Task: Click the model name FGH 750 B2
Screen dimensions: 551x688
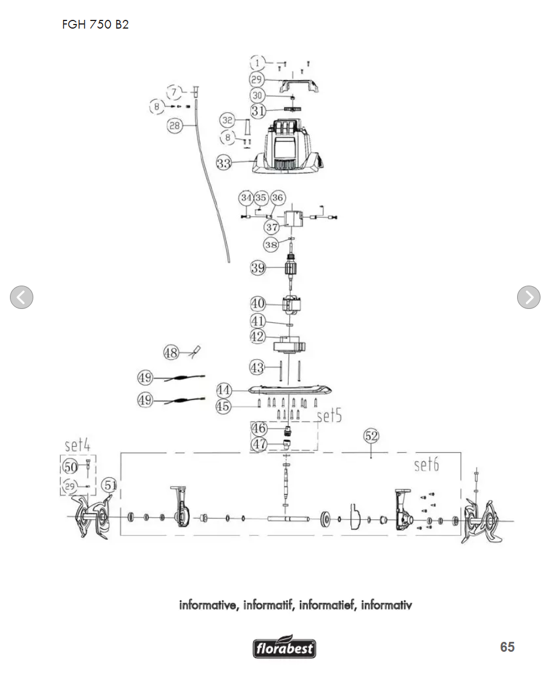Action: [95, 24]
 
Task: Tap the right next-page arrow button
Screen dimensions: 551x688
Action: [529, 297]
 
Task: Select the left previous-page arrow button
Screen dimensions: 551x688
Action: [22, 297]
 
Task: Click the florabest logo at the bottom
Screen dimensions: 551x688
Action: [284, 647]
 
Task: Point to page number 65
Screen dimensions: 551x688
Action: [507, 647]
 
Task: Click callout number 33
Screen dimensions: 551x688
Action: [224, 163]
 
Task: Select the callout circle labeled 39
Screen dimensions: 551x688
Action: [258, 267]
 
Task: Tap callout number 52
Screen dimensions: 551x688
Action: [372, 436]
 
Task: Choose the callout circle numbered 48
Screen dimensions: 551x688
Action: [171, 352]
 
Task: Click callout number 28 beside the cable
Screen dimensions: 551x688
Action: [175, 126]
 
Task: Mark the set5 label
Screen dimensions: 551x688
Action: [329, 415]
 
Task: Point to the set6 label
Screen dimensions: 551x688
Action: [427, 464]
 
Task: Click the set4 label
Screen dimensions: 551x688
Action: [77, 445]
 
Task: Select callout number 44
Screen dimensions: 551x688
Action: [224, 390]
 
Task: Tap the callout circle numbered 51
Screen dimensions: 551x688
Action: [110, 485]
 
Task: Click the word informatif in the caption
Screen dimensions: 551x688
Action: [268, 605]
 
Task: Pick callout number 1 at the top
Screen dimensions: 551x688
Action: [257, 62]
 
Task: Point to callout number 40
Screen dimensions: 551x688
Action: [258, 303]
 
